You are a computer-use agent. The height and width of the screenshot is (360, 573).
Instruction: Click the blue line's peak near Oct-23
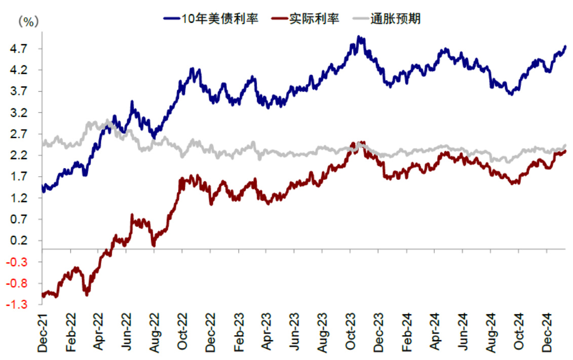(359, 37)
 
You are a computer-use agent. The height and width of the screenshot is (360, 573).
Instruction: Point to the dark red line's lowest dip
(55, 297)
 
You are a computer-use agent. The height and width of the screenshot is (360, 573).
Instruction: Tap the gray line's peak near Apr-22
(107, 121)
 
